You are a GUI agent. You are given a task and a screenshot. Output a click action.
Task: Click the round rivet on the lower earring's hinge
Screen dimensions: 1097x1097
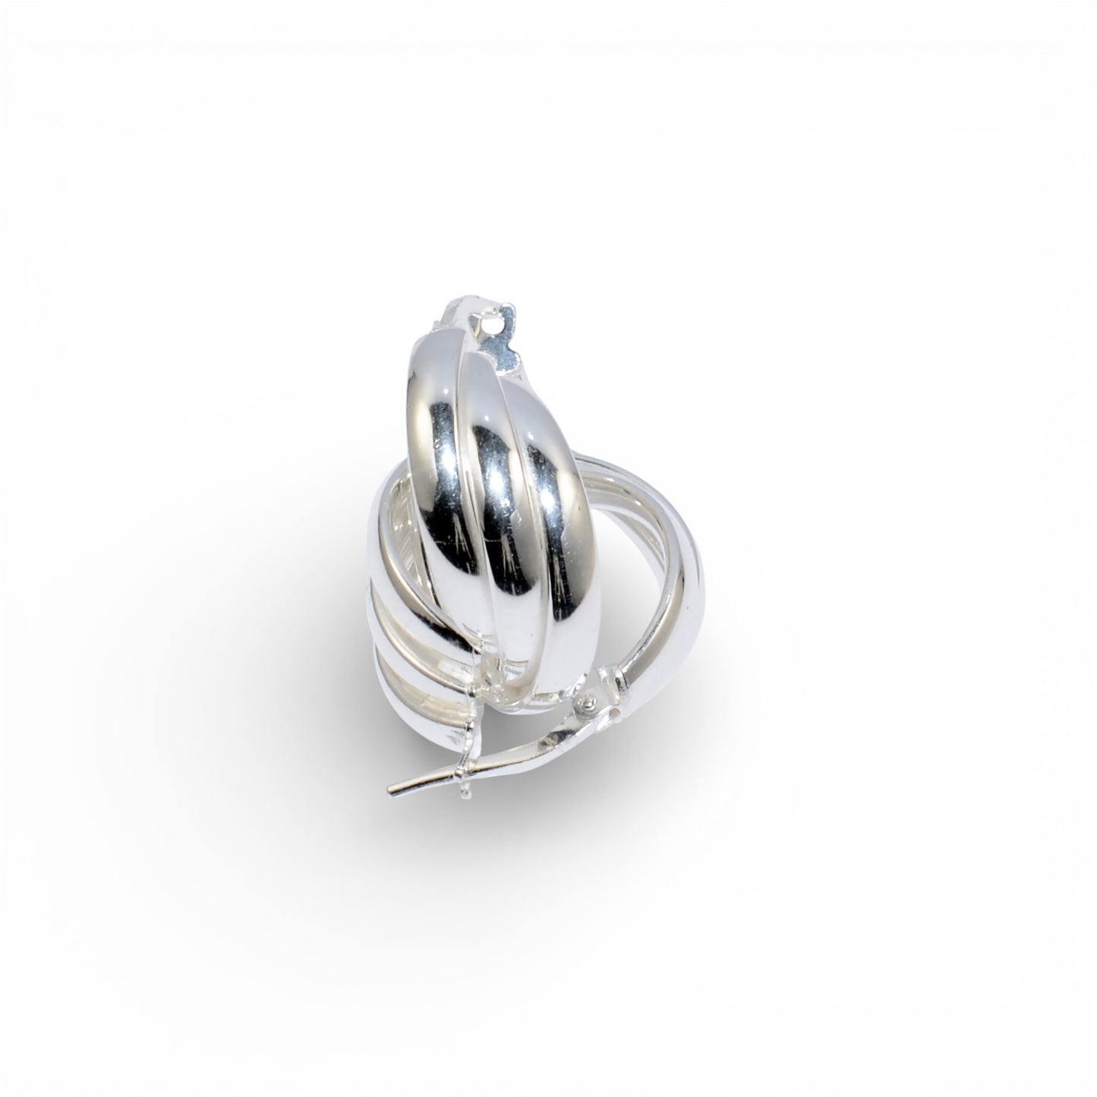(587, 706)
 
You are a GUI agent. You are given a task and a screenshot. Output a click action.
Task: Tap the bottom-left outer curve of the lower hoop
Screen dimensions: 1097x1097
(410, 706)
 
